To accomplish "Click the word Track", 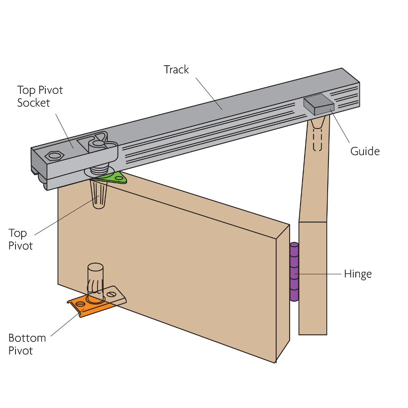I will pos(176,70).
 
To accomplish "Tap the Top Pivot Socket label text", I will pos(40,96).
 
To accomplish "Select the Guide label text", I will pos(365,151).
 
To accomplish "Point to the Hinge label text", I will pos(358,274).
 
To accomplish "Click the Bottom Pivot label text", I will pos(27,344).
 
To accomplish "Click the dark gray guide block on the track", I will pos(319,104).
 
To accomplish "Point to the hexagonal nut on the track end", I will pos(54,155).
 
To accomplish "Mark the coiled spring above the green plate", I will pos(99,167).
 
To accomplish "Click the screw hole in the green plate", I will pos(119,177).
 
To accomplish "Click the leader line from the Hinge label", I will pos(320,274).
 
